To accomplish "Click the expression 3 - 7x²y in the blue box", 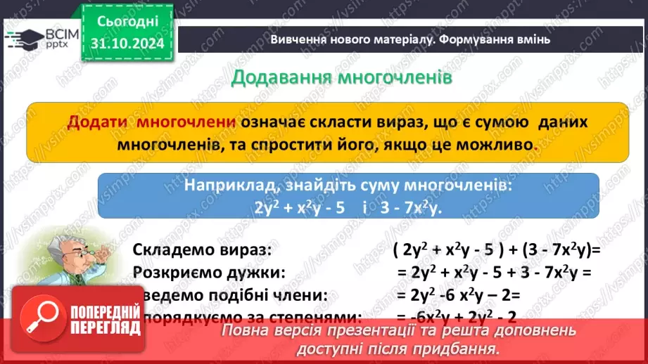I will click(x=407, y=209).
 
